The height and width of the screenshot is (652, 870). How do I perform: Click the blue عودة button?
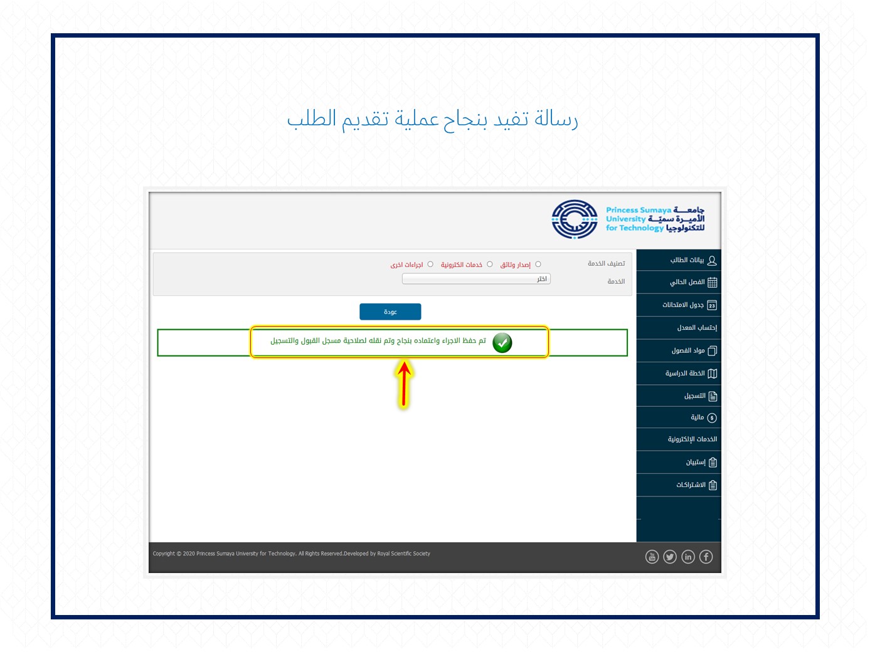point(390,312)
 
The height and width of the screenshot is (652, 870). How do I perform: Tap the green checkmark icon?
point(502,343)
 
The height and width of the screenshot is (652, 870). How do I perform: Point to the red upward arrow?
point(404,384)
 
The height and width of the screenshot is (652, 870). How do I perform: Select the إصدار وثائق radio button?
point(538,264)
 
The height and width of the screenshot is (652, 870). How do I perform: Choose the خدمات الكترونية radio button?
point(489,264)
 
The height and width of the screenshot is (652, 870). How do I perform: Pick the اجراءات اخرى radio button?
point(430,264)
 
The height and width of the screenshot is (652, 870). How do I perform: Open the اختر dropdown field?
point(476,279)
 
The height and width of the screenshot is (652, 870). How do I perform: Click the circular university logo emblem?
point(575,219)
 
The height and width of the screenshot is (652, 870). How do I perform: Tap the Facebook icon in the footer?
point(706,557)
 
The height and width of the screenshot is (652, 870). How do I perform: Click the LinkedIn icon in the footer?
point(687,557)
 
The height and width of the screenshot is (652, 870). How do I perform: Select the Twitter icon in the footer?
point(670,557)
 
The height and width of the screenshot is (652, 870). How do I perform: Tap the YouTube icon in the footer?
point(652,557)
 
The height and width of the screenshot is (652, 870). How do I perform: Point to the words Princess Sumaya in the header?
point(639,210)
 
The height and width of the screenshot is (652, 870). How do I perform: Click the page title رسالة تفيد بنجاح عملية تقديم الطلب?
point(433,120)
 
